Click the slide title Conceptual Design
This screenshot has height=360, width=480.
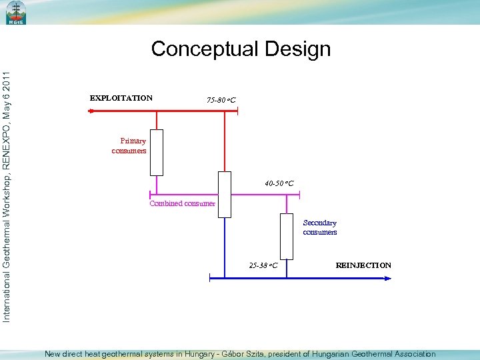(241, 49)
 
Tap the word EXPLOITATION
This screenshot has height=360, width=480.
(121, 98)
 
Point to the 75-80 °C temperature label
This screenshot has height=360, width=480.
(221, 101)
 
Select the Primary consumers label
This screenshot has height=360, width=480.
(129, 145)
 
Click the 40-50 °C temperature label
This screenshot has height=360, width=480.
(279, 183)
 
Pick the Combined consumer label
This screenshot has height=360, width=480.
(182, 203)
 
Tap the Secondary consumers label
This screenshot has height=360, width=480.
(320, 227)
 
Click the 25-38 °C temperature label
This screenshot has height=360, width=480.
(263, 265)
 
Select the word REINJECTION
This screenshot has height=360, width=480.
(363, 265)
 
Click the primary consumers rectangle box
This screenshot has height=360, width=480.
(157, 152)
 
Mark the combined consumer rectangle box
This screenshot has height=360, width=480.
(225, 194)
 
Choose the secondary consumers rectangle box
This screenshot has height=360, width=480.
(287, 236)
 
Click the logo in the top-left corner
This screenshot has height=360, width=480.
(15, 13)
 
